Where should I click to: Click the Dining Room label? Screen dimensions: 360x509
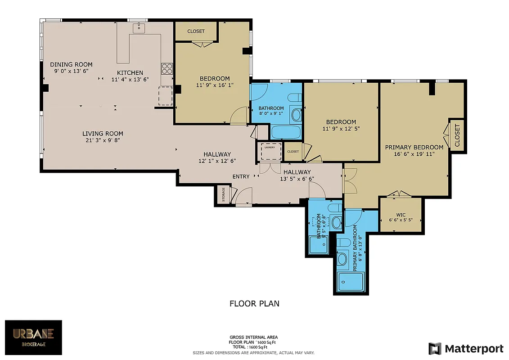(x=71, y=64)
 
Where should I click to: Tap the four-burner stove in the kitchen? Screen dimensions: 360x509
(x=167, y=69)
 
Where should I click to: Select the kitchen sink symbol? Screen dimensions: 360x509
(x=139, y=28)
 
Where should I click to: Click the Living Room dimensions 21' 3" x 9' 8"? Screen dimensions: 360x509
(x=103, y=140)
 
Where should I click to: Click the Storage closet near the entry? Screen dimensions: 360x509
(x=223, y=194)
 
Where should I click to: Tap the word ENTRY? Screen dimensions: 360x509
(x=241, y=176)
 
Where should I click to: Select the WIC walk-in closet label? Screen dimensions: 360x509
(x=401, y=215)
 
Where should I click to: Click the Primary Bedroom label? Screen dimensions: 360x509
(x=414, y=147)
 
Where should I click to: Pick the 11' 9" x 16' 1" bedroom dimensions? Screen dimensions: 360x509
(x=215, y=85)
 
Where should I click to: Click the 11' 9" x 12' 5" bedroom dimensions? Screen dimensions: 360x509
(x=341, y=129)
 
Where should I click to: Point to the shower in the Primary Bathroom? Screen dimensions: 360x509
(x=351, y=282)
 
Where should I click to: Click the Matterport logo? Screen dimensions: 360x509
(x=466, y=348)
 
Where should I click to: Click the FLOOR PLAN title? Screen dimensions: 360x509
(x=254, y=303)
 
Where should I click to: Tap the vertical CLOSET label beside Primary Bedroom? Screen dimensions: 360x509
(x=457, y=136)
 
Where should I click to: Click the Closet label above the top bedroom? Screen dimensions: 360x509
(x=196, y=31)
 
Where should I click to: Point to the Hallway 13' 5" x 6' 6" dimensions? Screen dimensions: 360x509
(x=297, y=179)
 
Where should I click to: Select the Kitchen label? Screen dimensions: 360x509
(x=130, y=73)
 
